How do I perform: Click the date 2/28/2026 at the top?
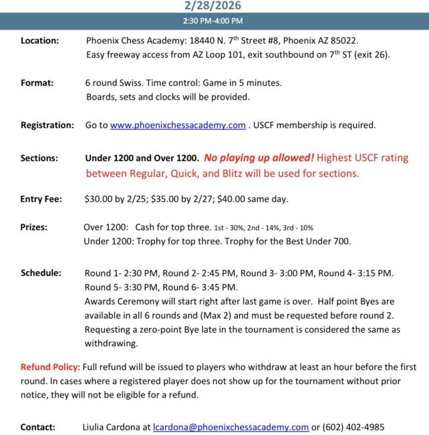tap(214, 5)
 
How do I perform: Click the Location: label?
tap(40, 40)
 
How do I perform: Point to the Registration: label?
tap(47, 125)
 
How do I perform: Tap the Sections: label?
tap(39, 159)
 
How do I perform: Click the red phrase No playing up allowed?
tap(259, 159)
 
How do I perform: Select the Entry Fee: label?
tap(42, 198)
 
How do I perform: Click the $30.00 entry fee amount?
tap(99, 198)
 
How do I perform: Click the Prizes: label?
tap(34, 227)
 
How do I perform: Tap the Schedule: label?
tap(41, 273)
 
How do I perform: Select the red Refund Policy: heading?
tap(49, 368)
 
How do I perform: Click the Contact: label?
tap(38, 427)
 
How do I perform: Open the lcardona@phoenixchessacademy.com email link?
tap(231, 427)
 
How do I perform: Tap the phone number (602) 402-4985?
tap(353, 427)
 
